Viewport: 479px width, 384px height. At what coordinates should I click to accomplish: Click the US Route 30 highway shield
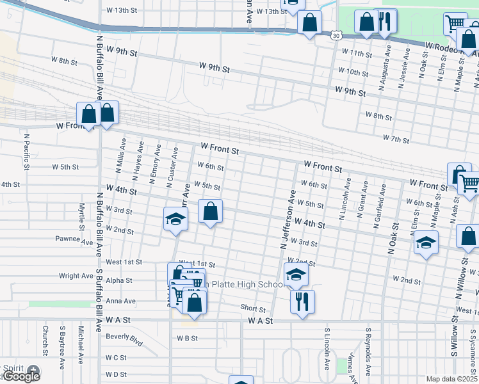pos(336,36)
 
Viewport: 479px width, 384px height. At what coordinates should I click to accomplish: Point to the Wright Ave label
pos(76,276)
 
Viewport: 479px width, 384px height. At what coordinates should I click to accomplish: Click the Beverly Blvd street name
pos(124,337)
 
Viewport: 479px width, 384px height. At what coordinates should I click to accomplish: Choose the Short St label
pos(253,309)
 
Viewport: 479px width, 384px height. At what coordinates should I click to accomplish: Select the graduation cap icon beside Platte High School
pos(296,274)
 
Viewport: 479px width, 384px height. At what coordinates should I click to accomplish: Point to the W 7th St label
pos(396,138)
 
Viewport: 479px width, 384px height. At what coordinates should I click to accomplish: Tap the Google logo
pos(21,376)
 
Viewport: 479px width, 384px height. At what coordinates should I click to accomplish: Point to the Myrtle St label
pos(82,216)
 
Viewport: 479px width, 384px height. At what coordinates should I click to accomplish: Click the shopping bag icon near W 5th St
pos(209,211)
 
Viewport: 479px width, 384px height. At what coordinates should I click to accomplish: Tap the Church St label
pos(45,341)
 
